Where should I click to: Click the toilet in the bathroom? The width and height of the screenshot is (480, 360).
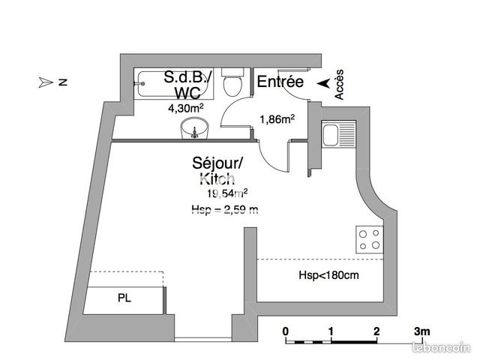(x=232, y=82)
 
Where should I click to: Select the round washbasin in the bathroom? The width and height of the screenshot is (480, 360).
(x=194, y=128)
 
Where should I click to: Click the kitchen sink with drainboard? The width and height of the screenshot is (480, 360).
(x=338, y=134)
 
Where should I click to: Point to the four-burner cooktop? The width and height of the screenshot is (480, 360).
(x=370, y=239)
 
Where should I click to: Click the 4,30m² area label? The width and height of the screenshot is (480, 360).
(x=186, y=108)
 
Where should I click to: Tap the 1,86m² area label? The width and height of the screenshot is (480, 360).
(x=277, y=119)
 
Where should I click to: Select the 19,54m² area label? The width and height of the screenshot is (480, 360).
(x=227, y=193)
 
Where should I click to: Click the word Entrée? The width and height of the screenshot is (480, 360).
(x=280, y=82)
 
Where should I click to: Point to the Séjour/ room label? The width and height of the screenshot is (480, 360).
(x=217, y=163)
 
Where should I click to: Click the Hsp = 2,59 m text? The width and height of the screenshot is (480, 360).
(x=225, y=210)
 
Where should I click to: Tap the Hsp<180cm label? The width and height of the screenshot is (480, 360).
(x=328, y=275)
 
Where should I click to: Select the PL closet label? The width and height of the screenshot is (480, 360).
(x=124, y=298)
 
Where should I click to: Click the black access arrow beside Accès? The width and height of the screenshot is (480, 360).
(x=323, y=83)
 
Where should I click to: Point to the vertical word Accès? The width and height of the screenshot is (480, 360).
(x=339, y=85)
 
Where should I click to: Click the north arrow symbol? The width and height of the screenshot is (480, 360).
(x=46, y=82)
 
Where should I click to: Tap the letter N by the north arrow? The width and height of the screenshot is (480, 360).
(x=63, y=82)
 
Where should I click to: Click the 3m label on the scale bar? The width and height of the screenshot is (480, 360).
(x=421, y=331)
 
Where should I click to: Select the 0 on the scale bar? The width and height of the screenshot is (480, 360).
(x=285, y=331)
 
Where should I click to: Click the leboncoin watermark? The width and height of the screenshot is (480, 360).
(x=441, y=347)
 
